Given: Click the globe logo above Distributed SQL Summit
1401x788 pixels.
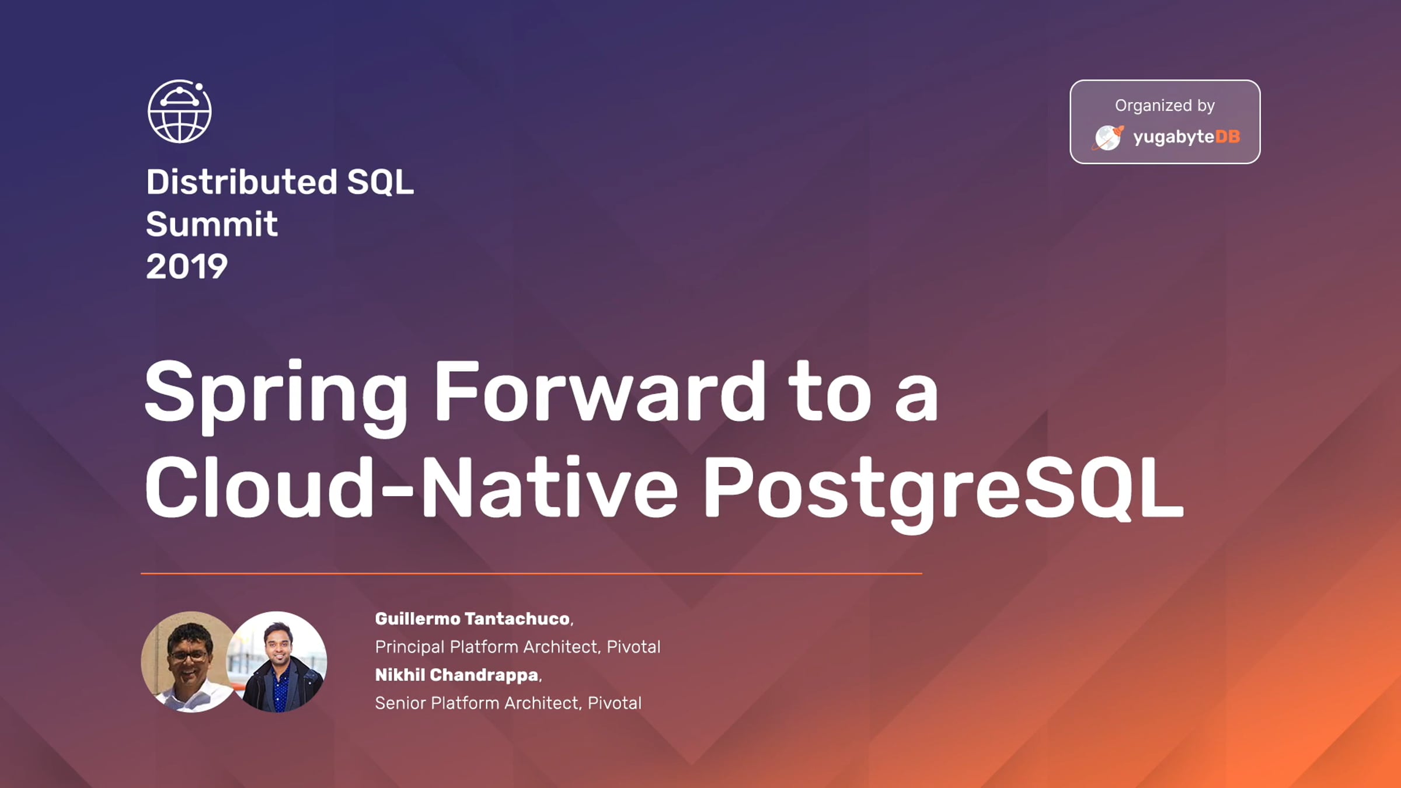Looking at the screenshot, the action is tap(180, 111).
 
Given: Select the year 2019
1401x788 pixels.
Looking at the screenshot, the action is tap(187, 267).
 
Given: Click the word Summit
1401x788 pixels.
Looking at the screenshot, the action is tap(212, 224).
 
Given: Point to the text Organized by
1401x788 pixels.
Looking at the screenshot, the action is tap(1165, 106).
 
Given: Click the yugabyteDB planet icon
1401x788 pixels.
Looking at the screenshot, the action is tap(1108, 138).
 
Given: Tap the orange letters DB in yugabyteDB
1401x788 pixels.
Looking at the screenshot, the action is tap(1228, 137).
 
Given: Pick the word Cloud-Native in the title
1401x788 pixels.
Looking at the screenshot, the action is tap(411, 487).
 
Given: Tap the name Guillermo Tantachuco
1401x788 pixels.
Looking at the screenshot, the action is tap(472, 619).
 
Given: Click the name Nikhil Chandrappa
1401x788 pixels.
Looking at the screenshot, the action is tap(456, 675).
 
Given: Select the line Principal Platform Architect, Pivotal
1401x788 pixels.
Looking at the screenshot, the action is tap(518, 647).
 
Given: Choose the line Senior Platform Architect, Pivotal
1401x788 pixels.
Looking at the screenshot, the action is tap(508, 703).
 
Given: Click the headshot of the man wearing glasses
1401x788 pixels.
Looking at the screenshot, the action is tap(188, 661).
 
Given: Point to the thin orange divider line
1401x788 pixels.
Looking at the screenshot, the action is tap(531, 574).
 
